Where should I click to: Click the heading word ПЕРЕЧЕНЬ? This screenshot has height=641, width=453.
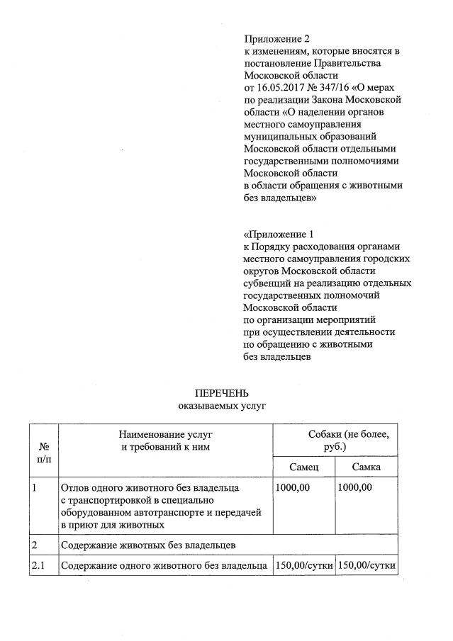[x=222, y=393]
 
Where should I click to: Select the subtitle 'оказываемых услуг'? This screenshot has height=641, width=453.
[x=222, y=406]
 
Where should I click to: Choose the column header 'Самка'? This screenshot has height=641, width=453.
[x=367, y=467]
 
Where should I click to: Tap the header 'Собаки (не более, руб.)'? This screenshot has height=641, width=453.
[x=335, y=440]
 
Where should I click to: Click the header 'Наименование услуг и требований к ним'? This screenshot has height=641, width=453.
[x=165, y=440]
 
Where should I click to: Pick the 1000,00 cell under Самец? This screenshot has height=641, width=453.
[x=292, y=488]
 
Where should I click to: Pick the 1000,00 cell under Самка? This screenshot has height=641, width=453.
[x=355, y=488]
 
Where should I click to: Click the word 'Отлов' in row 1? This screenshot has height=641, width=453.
[x=75, y=488]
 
